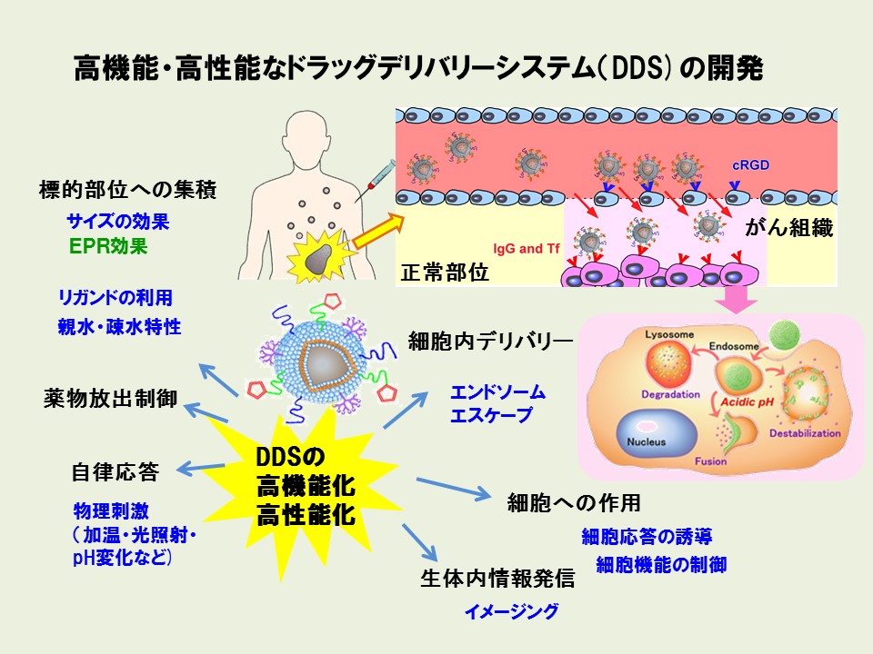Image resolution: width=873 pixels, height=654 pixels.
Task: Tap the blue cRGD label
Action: click(751, 166)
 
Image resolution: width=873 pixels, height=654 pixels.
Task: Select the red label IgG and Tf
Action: click(527, 247)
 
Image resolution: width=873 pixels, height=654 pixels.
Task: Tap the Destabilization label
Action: click(806, 433)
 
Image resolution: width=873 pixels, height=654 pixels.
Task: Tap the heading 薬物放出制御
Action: click(110, 399)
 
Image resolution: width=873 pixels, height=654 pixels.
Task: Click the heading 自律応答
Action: click(115, 472)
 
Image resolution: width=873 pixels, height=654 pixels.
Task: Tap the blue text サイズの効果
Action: click(118, 221)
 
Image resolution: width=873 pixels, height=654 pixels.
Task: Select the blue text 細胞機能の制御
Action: click(661, 564)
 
